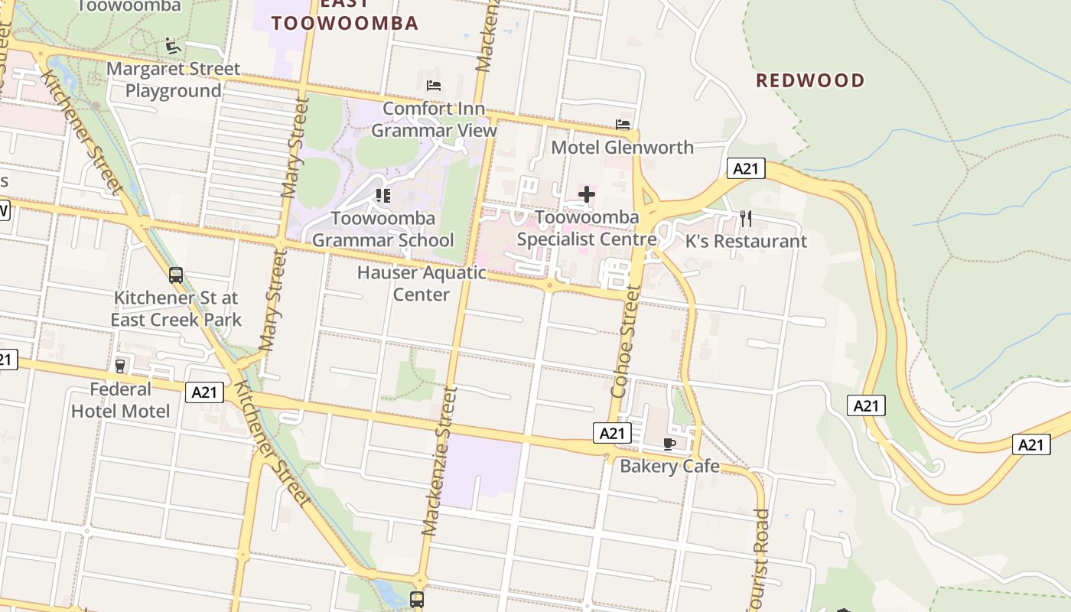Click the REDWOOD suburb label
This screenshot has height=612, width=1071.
click(810, 80)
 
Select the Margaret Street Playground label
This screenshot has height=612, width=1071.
click(173, 80)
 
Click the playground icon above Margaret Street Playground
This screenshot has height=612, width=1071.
click(174, 46)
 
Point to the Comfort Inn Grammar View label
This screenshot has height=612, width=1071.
click(434, 119)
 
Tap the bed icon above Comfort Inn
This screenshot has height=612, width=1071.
click(434, 86)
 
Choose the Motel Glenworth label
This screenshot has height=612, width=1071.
click(622, 147)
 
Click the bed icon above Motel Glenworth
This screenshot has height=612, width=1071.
click(623, 124)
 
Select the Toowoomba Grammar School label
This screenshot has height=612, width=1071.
click(382, 229)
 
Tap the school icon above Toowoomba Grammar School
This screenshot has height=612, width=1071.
click(382, 196)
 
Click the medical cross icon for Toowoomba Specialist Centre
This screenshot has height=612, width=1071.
click(587, 194)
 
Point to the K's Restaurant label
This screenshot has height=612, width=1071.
click(746, 241)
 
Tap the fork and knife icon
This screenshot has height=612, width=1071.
click(746, 219)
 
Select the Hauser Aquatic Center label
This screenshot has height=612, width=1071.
click(422, 283)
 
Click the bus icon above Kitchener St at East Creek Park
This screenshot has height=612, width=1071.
click(176, 275)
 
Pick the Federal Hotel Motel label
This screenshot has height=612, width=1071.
click(121, 400)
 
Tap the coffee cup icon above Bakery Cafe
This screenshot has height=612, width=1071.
click(669, 444)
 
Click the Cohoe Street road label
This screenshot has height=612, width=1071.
click(624, 341)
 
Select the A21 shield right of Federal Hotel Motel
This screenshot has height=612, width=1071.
click(204, 392)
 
